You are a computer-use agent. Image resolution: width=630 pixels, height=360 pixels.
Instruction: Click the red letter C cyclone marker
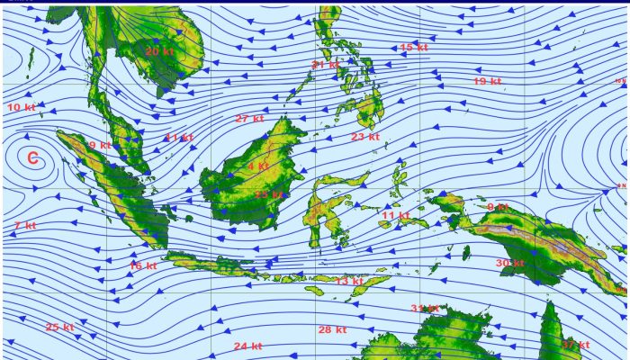(32, 159)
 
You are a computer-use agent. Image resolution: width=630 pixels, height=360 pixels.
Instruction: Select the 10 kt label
(22, 107)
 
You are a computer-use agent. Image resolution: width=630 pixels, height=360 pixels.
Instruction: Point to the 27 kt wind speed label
(249, 119)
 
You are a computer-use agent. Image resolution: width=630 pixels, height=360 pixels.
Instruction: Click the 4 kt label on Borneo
(257, 166)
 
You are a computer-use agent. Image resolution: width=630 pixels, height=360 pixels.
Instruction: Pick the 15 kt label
(413, 47)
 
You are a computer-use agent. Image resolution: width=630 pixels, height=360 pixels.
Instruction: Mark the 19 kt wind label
(486, 82)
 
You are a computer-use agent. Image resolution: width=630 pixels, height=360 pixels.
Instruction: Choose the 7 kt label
(25, 225)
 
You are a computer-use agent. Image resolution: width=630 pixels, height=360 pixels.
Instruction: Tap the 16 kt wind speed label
(142, 265)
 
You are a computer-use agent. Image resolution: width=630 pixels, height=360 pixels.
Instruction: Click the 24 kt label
(247, 346)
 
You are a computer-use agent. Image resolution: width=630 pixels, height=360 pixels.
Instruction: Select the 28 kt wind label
(332, 329)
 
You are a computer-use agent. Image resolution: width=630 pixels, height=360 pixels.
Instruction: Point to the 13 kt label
(348, 281)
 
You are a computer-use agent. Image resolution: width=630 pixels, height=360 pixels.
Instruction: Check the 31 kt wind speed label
(424, 309)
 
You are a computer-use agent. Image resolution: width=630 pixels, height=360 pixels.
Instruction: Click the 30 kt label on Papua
(509, 263)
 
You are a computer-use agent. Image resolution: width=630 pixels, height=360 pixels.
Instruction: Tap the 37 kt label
(576, 345)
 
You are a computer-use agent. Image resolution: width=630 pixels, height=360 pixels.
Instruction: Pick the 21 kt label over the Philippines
(325, 64)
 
